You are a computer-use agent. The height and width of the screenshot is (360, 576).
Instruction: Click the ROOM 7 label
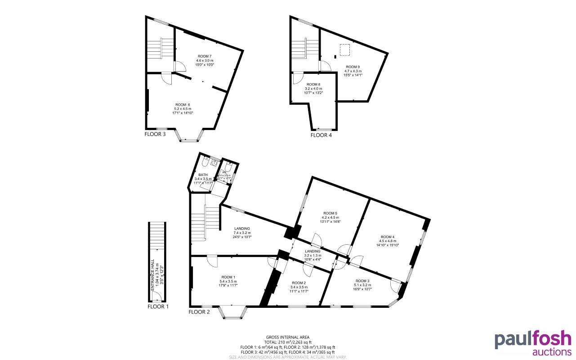(x=204, y=56)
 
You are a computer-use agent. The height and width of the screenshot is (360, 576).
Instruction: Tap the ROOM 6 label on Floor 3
(x=182, y=104)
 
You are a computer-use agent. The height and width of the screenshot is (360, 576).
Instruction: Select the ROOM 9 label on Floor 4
(x=353, y=67)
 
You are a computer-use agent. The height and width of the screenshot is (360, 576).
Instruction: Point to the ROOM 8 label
(x=313, y=84)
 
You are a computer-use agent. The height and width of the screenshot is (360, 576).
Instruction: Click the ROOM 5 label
(x=330, y=213)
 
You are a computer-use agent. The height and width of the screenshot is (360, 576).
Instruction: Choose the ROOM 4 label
(x=387, y=237)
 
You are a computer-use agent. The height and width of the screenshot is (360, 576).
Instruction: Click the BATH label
(x=203, y=175)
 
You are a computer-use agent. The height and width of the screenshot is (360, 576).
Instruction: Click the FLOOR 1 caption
(x=158, y=306)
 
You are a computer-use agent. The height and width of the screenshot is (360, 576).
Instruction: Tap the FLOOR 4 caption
(x=321, y=135)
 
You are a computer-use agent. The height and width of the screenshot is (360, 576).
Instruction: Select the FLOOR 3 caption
(x=155, y=134)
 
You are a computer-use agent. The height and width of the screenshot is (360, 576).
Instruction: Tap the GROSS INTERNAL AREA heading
(x=287, y=337)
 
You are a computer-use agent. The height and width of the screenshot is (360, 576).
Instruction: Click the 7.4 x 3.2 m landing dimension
(x=241, y=233)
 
